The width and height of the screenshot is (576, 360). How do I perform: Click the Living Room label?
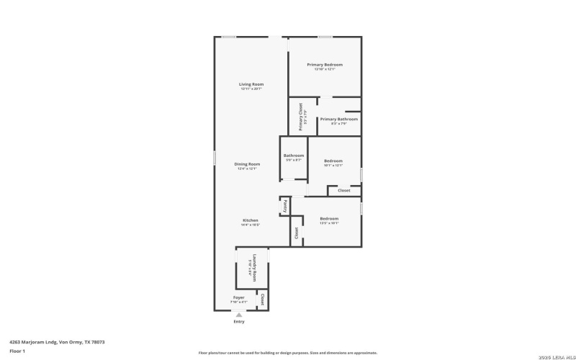coord(251,84)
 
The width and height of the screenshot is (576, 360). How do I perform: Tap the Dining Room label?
coord(247,164)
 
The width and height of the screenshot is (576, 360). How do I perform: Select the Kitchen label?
coord(250,220)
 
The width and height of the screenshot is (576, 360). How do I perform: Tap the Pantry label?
coord(284,205)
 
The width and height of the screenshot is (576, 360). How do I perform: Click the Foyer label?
coord(238,297)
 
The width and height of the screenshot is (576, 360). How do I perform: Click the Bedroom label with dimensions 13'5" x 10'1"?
coord(329,218)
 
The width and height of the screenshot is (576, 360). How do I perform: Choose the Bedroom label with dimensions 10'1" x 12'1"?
coord(333,161)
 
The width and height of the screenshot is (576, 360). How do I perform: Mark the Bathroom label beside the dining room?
coord(294,156)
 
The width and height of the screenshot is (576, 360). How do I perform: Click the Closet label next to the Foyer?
coord(263,299)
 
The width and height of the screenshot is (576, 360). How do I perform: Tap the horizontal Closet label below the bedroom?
coord(344,190)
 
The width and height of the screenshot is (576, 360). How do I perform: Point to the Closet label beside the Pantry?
coord(296,233)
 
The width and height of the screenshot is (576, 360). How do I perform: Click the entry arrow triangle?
coord(238,315)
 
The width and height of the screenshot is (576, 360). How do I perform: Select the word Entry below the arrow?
coord(238,322)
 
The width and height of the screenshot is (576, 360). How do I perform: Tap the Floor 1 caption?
coord(17,351)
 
